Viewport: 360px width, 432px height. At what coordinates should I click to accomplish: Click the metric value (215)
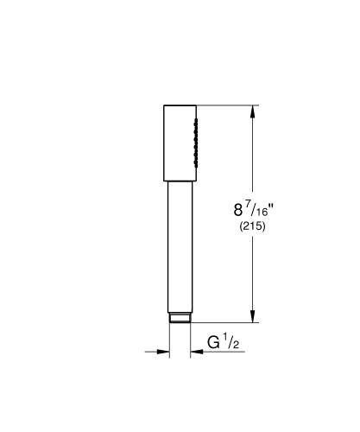pyautogui.click(x=252, y=227)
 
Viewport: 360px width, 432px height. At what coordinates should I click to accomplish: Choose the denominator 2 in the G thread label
pyautogui.click(x=233, y=346)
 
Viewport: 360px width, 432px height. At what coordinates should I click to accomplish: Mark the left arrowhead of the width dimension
pyautogui.click(x=163, y=353)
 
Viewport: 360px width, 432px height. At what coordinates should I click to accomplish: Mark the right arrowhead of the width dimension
pyautogui.click(x=198, y=353)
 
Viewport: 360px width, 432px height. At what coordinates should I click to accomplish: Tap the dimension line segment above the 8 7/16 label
pyautogui.click(x=252, y=156)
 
